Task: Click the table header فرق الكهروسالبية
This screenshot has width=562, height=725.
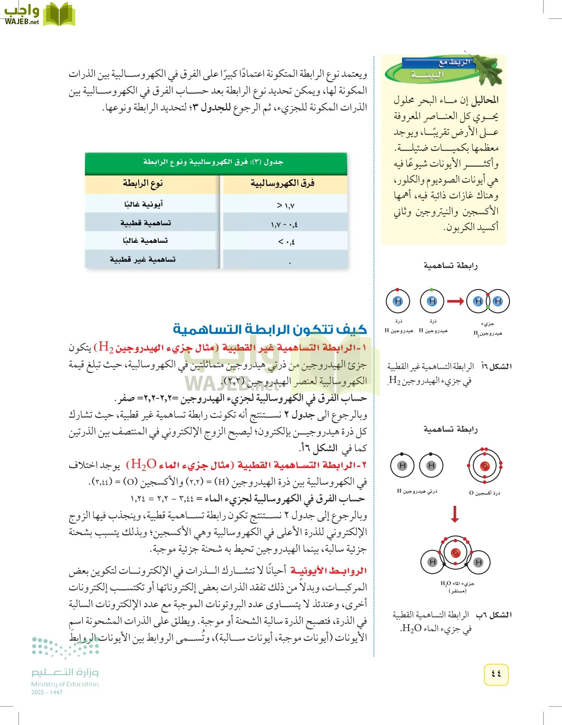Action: [x=283, y=184]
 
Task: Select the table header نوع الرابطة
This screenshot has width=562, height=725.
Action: [x=143, y=184]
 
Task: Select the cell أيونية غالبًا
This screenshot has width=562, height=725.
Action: [x=144, y=205]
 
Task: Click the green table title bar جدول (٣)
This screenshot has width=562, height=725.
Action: [x=216, y=162]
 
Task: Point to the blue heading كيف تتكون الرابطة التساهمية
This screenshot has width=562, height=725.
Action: [x=270, y=329]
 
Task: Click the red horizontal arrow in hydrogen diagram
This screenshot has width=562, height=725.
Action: [x=455, y=301]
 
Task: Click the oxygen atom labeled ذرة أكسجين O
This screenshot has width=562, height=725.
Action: [x=485, y=466]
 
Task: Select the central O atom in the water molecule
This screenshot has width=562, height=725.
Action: [x=455, y=553]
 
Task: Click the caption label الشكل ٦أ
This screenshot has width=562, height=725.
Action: [x=497, y=367]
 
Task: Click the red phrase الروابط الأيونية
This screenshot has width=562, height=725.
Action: [x=329, y=571]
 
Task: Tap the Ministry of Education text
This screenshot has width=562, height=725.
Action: [x=65, y=684]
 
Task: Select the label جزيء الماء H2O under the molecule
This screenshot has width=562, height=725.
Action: [x=457, y=584]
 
